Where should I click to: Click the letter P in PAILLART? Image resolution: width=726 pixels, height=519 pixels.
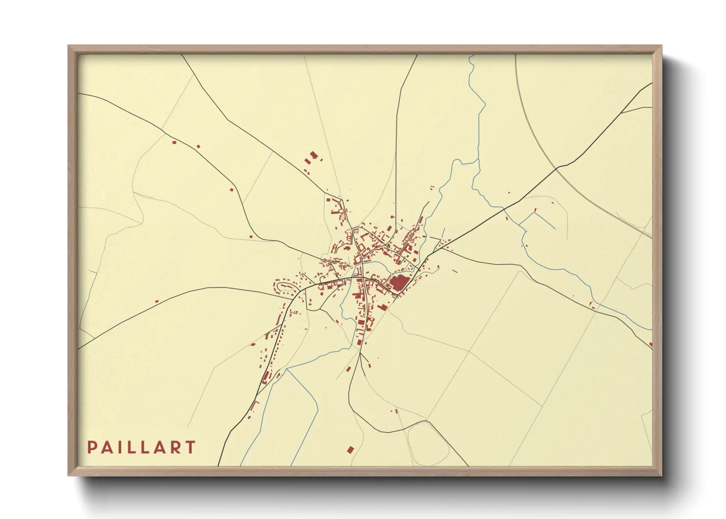[x=91, y=447]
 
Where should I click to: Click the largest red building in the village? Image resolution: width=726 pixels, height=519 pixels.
[x=399, y=283]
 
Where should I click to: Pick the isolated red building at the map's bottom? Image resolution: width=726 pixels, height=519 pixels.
[x=350, y=449]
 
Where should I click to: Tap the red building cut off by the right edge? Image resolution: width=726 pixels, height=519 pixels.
[x=650, y=344]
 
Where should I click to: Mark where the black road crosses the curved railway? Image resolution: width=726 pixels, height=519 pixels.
[x=557, y=168]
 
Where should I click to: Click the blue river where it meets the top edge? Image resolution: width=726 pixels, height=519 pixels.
[x=471, y=56]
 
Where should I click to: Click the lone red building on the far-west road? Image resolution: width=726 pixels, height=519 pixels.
[x=156, y=301]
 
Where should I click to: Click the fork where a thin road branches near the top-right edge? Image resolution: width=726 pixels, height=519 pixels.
[x=622, y=112]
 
